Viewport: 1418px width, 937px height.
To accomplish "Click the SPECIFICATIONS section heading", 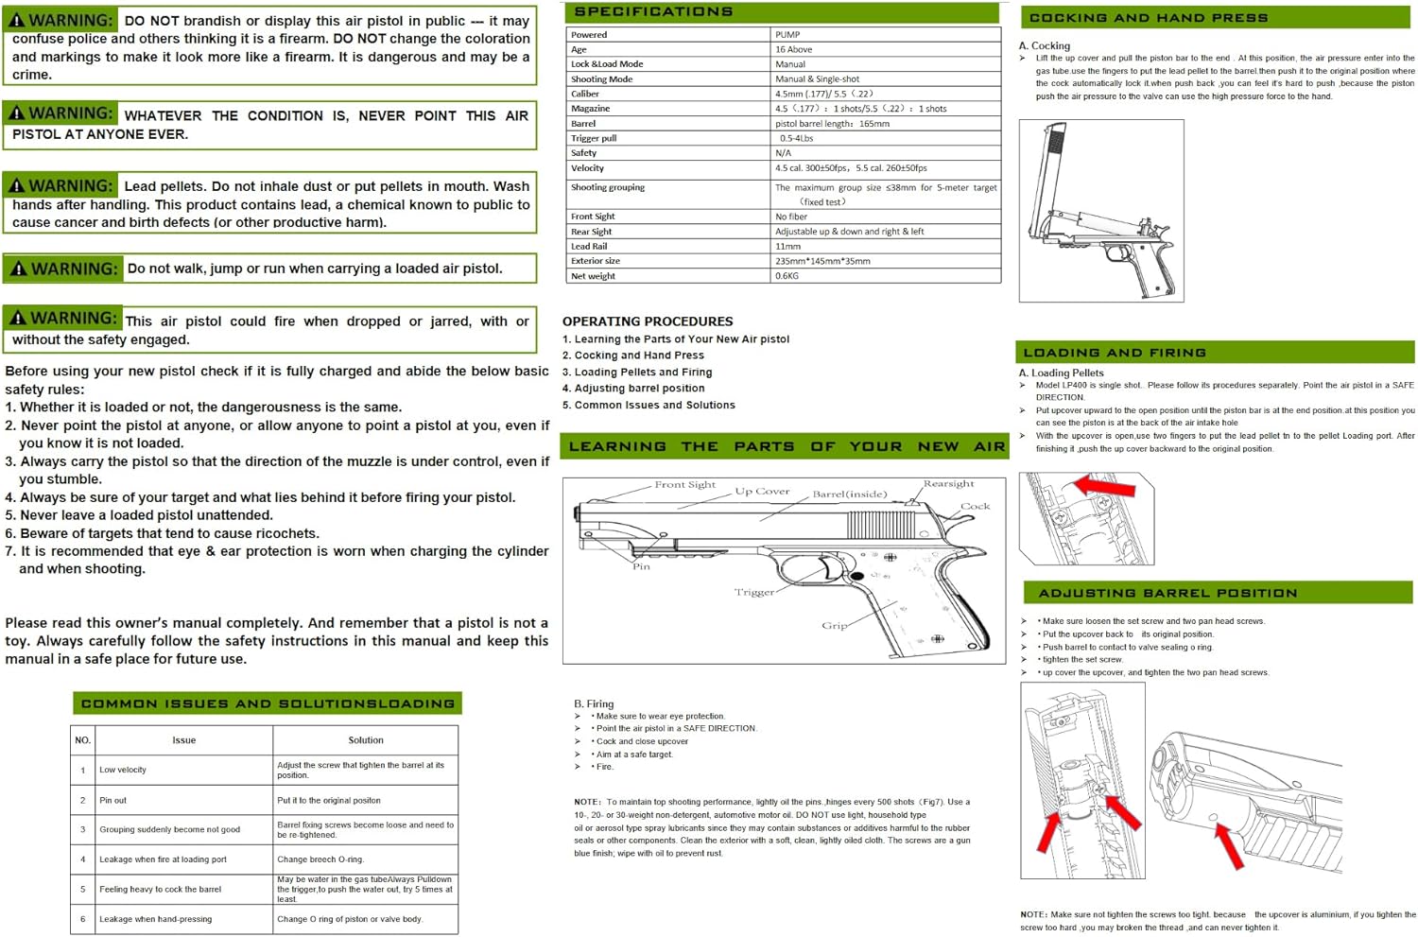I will coord(653,12).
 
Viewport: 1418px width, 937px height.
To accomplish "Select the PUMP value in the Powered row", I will coord(787,35).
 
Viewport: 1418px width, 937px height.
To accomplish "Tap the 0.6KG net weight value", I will coord(787,276).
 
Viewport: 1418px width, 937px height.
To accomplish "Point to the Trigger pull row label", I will coord(594,138).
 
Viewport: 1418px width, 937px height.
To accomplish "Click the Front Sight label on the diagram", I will coord(684,485).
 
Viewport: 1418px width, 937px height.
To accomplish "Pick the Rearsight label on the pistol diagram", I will coord(948,484).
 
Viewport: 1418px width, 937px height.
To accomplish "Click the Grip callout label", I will coord(834,625).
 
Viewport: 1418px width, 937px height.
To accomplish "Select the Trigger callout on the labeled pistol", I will coord(753,592).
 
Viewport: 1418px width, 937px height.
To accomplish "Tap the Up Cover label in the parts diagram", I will coord(762,492).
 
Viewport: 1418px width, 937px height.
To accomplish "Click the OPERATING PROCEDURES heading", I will coord(648,321).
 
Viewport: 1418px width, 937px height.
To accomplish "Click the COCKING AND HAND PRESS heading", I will coord(1148,18).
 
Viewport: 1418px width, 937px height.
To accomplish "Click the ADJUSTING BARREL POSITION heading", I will coord(1167,593).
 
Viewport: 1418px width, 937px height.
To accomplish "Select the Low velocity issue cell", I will coord(123,770).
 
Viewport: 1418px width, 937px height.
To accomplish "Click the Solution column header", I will coord(366,740).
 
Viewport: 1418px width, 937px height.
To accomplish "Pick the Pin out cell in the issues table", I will coord(112,800).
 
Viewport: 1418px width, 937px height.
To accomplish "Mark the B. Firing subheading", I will coord(594,703).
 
